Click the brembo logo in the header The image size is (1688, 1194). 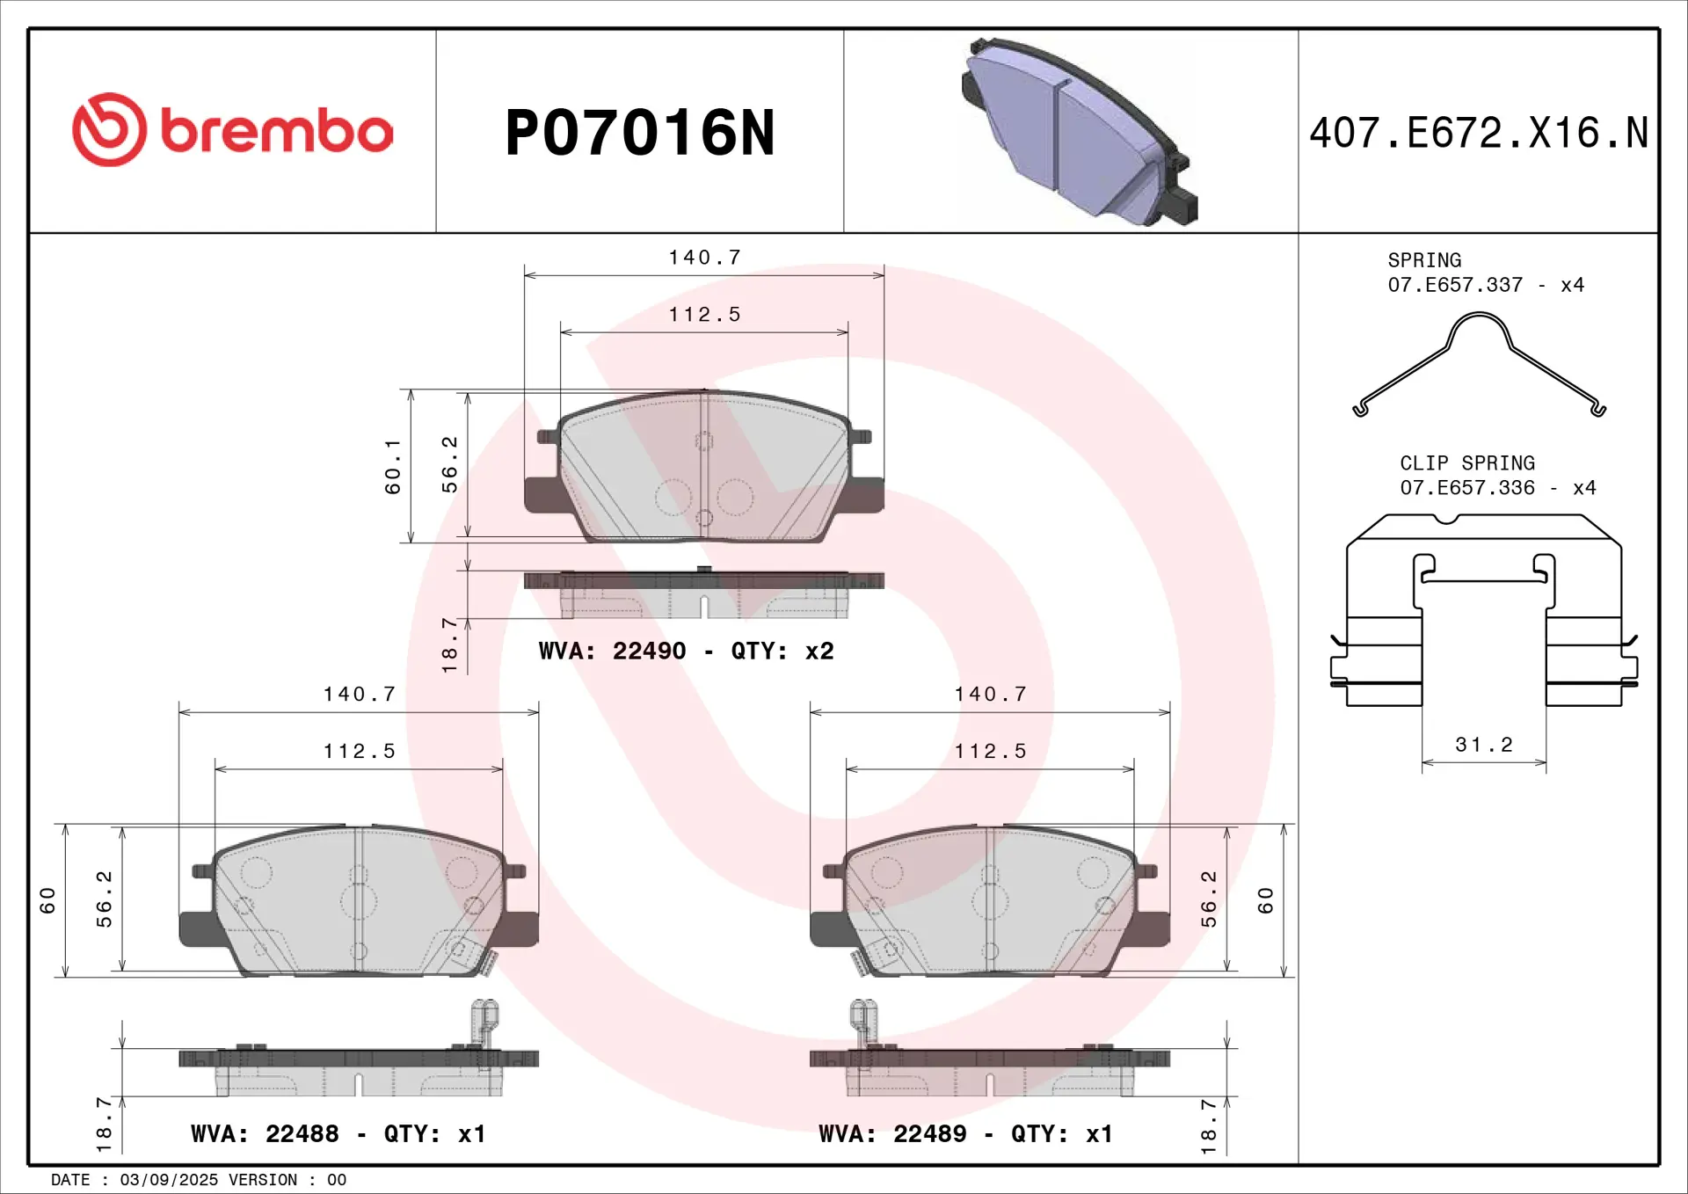click(233, 130)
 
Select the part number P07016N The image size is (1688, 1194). click(640, 134)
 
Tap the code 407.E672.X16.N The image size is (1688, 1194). click(1479, 134)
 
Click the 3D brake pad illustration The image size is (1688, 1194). click(1080, 132)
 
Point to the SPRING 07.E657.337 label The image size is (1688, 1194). click(1486, 273)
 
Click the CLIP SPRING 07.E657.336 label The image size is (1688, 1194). click(1498, 476)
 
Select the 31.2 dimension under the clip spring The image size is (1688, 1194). click(1484, 745)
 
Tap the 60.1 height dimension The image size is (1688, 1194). click(392, 467)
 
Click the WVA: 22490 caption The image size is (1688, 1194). click(612, 652)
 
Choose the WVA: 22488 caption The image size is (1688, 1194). click(265, 1134)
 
